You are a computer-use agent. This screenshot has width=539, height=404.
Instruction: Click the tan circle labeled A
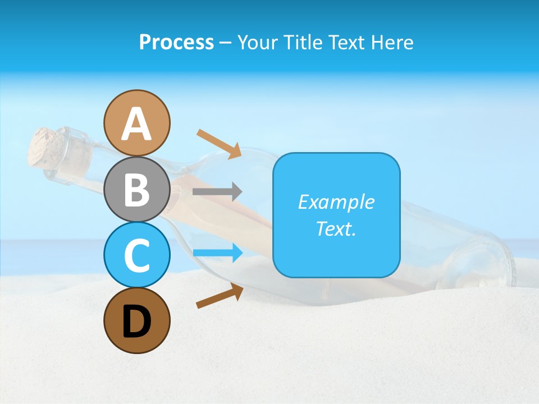pos(136,123)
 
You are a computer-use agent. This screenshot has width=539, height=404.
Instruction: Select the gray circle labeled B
pos(136,189)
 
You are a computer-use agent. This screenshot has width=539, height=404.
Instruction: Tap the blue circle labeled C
pos(136,255)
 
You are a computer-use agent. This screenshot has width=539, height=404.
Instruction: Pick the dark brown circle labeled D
pos(136,320)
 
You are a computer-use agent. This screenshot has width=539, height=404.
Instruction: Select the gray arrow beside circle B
pos(217,192)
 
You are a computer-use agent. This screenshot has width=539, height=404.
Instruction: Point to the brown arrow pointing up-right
pos(220,296)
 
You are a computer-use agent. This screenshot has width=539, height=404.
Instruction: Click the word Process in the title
pos(176,42)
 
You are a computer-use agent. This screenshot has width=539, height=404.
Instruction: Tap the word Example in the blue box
pos(336,202)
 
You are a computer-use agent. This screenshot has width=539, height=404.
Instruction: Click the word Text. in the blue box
pos(336,228)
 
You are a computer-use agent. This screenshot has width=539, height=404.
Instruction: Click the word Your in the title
pos(259,42)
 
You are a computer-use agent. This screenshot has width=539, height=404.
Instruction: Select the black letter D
pos(136,322)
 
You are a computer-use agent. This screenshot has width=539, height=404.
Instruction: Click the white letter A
pos(136,124)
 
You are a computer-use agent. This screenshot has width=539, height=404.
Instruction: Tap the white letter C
pos(136,255)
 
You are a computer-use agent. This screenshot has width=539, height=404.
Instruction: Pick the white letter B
pos(136,190)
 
